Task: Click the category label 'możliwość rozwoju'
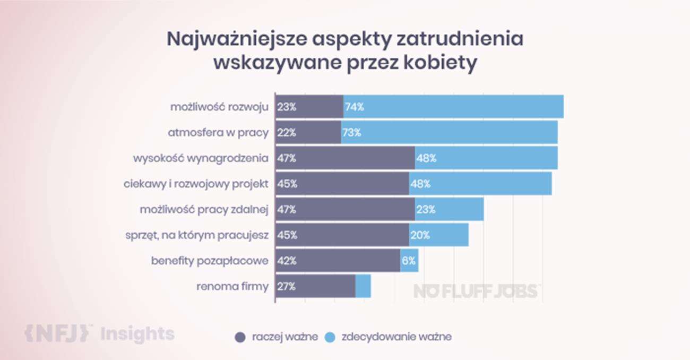pyautogui.click(x=219, y=107)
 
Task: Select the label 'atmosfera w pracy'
pyautogui.click(x=218, y=133)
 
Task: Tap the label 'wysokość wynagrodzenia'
pyautogui.click(x=201, y=158)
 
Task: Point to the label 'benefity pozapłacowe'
pyautogui.click(x=210, y=261)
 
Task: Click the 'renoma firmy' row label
pyautogui.click(x=232, y=287)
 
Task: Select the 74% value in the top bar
pyautogui.click(x=354, y=107)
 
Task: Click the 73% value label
pyautogui.click(x=351, y=133)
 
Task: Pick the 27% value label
pyautogui.click(x=286, y=287)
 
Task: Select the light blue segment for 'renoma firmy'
pyautogui.click(x=363, y=287)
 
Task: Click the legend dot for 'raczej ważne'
pyautogui.click(x=240, y=337)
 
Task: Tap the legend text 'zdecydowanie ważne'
pyautogui.click(x=396, y=337)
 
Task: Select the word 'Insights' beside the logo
pyautogui.click(x=137, y=334)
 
